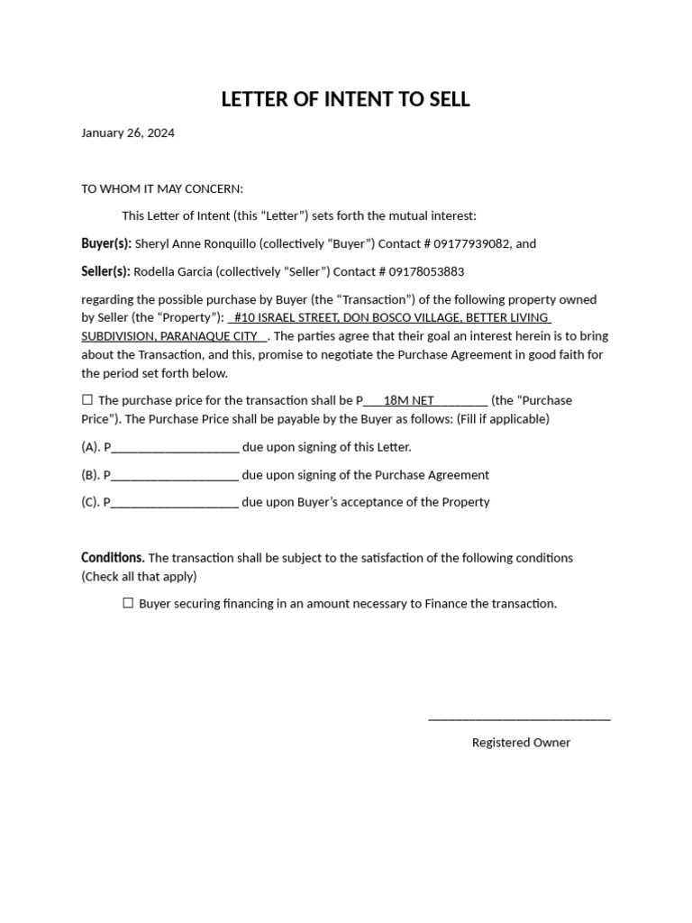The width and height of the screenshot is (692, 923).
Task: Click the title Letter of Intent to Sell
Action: (345, 99)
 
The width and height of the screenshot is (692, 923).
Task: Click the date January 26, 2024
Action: (128, 133)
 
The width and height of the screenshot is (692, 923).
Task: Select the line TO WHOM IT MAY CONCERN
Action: (162, 188)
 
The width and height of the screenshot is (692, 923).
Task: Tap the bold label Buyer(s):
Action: (106, 243)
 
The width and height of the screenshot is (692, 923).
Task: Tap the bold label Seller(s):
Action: (105, 271)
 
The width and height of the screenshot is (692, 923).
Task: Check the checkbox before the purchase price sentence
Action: (87, 400)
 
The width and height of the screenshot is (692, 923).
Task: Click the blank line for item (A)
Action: (175, 448)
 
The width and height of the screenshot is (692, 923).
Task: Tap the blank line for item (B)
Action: (175, 476)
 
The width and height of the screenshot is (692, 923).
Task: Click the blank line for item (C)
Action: (175, 503)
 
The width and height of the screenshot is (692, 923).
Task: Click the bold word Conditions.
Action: (113, 558)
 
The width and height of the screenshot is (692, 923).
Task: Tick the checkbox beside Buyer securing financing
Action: (128, 604)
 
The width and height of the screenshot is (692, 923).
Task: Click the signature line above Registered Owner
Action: (519, 718)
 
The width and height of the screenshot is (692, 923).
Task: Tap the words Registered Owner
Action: (521, 743)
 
